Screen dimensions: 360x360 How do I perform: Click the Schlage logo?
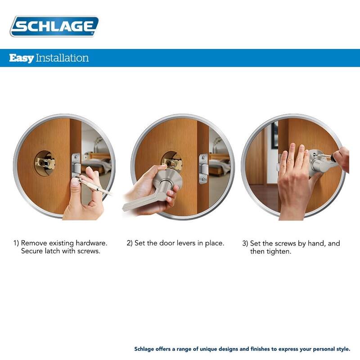[x=54, y=26]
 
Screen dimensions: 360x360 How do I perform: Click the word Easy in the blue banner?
[x=21, y=58]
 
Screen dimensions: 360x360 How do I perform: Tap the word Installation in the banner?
[x=62, y=58]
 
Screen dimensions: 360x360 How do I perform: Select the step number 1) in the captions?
[x=16, y=243]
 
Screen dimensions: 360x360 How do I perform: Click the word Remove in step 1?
[x=34, y=243]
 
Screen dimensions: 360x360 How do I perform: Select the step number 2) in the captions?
[x=130, y=243]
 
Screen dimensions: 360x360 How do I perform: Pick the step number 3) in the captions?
[x=245, y=243]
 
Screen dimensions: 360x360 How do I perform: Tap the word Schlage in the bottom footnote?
[x=145, y=349]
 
